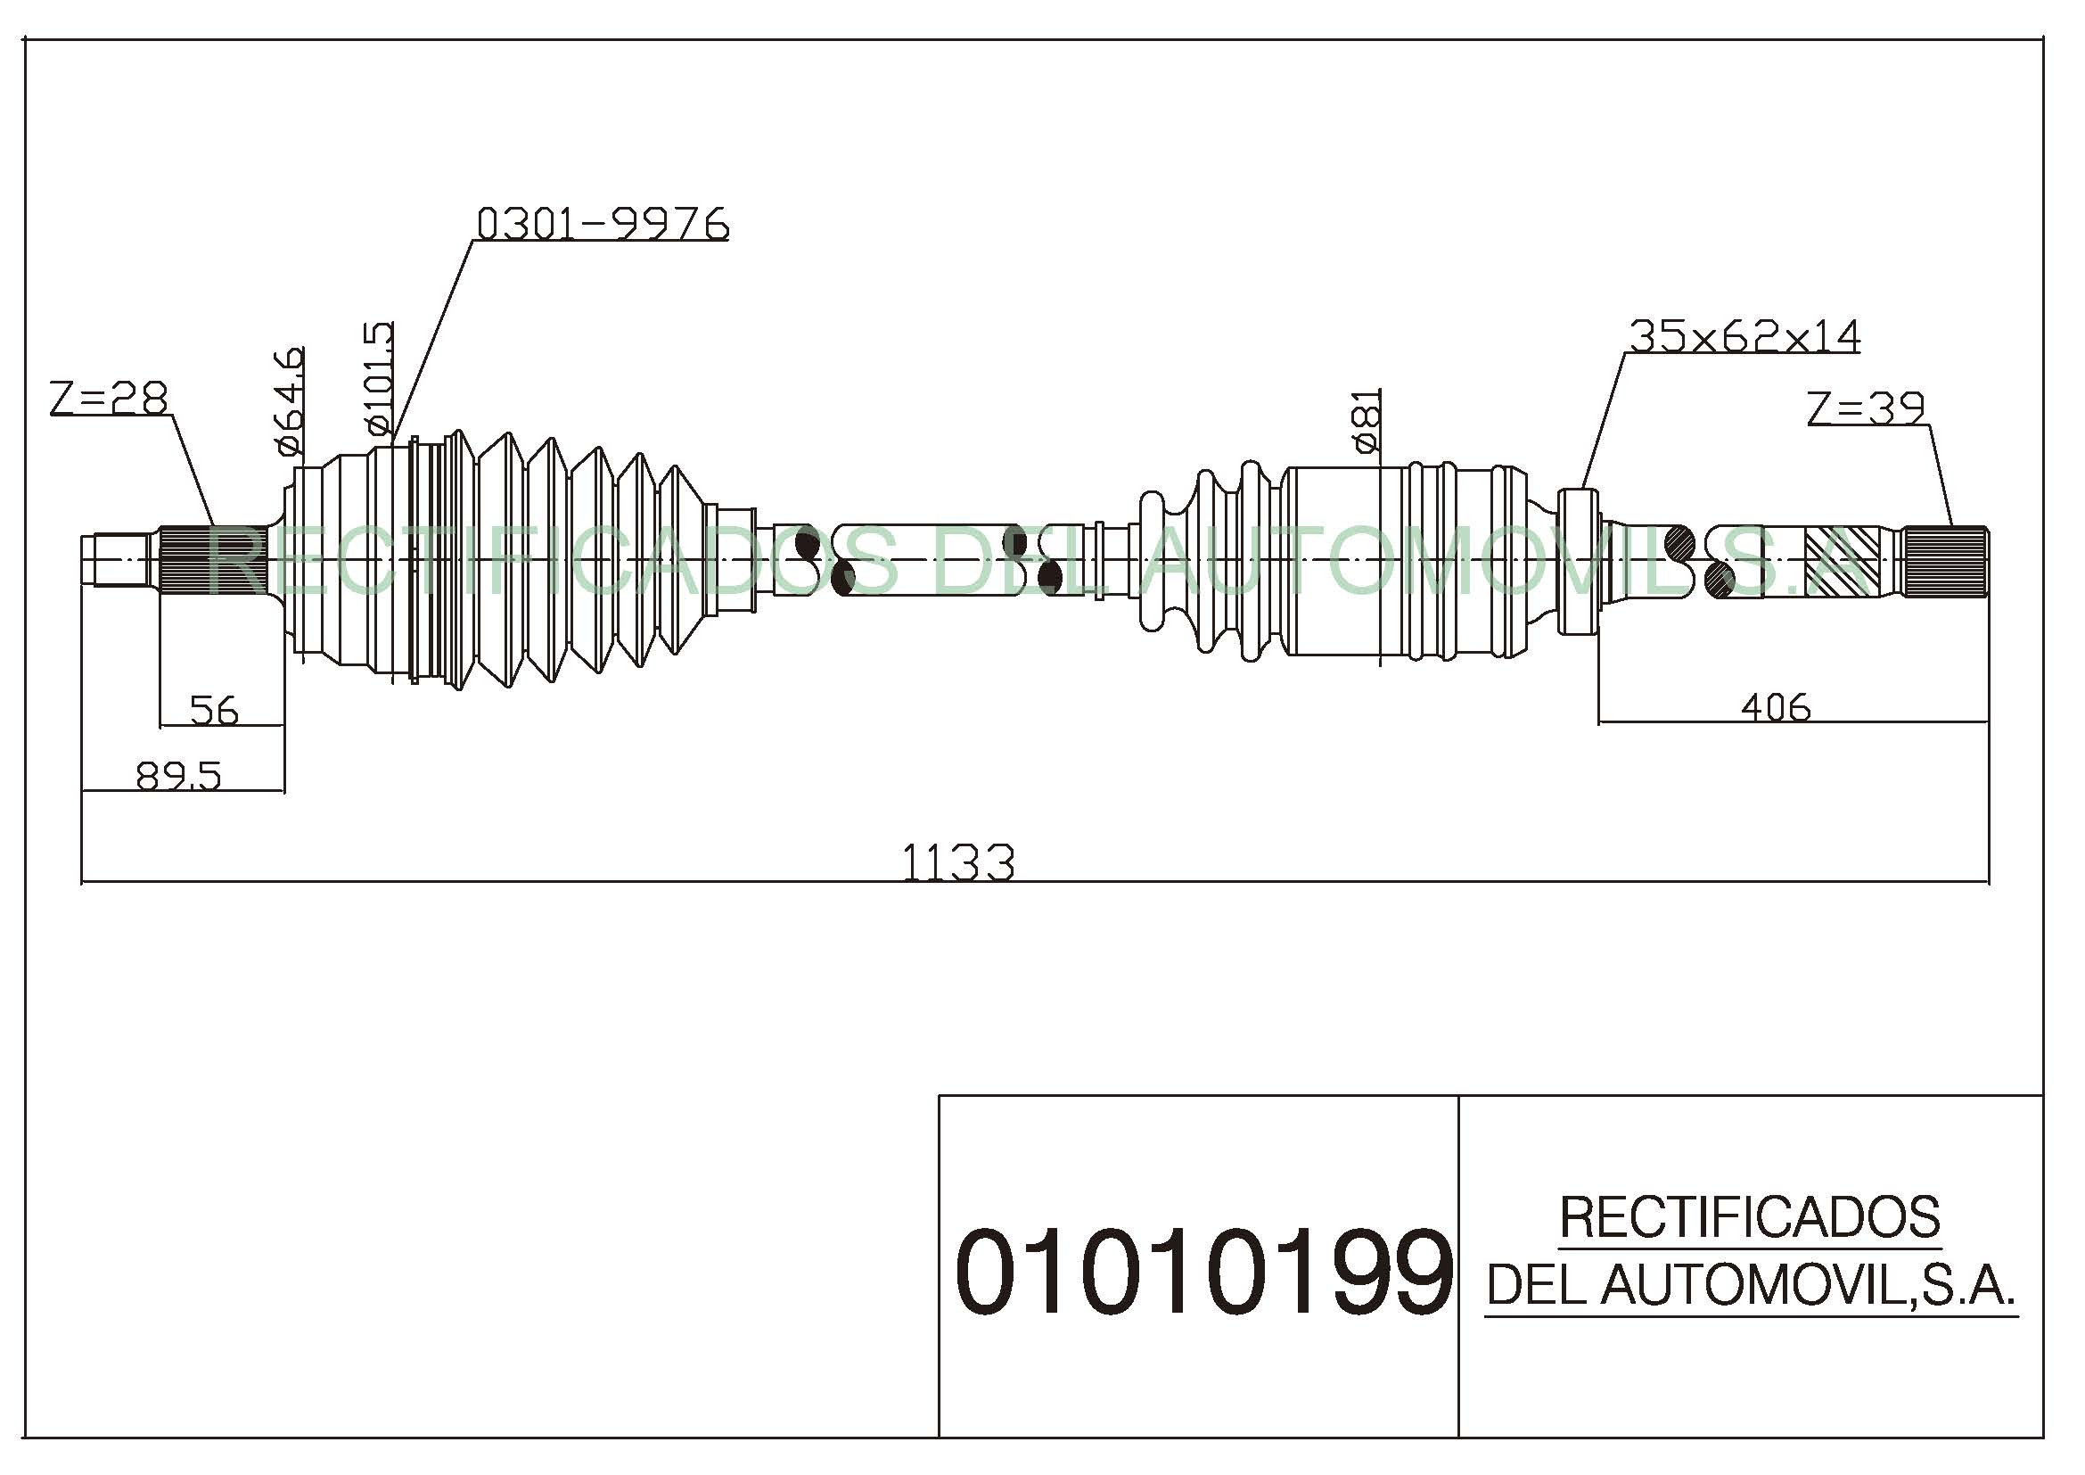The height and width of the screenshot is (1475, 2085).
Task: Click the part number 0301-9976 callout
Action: click(x=603, y=224)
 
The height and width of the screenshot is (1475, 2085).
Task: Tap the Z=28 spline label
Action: click(x=110, y=398)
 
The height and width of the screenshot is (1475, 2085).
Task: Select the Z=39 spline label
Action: click(x=1866, y=408)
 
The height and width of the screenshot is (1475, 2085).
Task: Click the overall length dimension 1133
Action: click(x=958, y=862)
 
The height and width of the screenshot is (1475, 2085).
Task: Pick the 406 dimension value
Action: click(x=1777, y=706)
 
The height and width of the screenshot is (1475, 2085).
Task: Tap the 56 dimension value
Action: click(x=214, y=710)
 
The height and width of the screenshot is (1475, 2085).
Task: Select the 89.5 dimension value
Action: click(x=178, y=777)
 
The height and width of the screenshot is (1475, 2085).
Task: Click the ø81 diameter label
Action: click(x=1367, y=421)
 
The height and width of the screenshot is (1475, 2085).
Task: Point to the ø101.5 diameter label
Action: click(x=379, y=379)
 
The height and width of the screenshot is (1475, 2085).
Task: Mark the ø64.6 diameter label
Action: click(x=288, y=400)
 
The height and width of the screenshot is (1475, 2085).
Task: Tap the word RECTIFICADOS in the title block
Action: click(x=1750, y=1217)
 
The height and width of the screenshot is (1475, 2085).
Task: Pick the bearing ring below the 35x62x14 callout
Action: click(x=1580, y=561)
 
